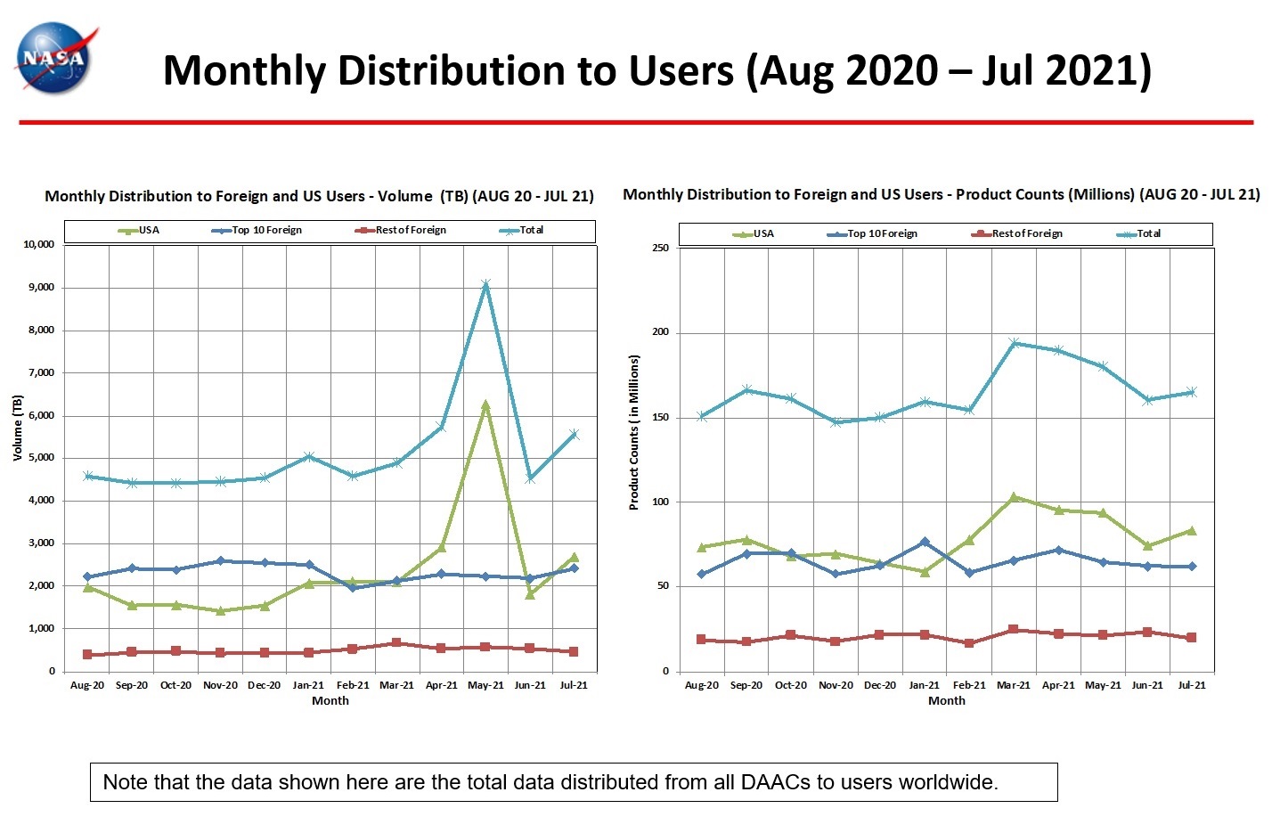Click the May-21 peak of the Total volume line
485,285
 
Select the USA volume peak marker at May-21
485,405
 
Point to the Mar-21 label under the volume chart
396,685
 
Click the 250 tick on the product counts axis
660,248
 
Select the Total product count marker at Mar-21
1014,343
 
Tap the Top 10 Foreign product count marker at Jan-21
925,542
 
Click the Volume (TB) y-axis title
18,428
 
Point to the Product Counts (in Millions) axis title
634,432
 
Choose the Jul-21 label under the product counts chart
1192,685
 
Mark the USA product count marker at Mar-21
1014,497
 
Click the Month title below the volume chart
330,701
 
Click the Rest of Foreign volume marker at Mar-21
396,642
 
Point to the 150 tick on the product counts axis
660,417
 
